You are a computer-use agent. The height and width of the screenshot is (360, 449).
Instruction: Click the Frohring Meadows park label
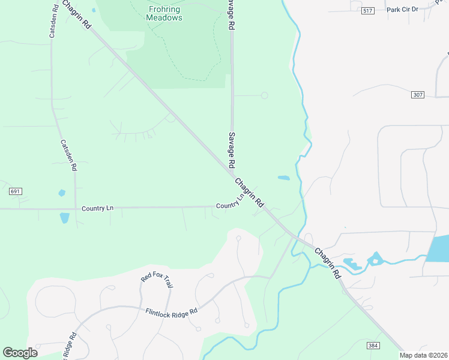164,13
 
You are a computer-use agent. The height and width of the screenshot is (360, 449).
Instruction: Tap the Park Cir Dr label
402,10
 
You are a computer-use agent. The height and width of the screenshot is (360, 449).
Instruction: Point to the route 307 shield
418,95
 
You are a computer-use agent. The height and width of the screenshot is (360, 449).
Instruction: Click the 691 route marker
16,191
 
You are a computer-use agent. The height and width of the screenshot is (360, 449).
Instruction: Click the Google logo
20,352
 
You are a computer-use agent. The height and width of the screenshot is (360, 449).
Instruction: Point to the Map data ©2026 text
424,355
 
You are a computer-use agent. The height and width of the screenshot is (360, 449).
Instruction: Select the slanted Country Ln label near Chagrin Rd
231,202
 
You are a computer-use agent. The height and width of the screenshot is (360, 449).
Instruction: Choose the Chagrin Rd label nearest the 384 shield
328,263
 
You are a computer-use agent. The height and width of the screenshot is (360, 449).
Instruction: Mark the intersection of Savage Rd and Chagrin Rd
232,174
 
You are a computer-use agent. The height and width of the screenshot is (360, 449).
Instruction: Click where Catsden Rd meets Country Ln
75,209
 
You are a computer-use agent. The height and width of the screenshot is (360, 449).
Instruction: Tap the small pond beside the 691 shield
61,193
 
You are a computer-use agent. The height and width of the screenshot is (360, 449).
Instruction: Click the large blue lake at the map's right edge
439,248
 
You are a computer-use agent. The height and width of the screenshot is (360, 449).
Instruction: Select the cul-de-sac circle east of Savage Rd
264,95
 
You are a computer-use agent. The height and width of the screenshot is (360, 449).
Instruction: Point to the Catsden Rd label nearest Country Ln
68,156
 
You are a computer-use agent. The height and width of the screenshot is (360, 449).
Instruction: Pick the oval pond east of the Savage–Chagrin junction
283,178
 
